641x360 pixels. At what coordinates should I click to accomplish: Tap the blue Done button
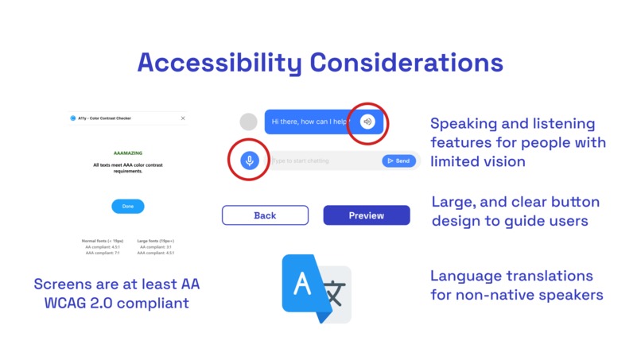point(128,207)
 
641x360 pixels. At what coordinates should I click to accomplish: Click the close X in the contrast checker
point(183,118)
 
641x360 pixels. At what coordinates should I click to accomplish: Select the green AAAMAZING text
point(127,152)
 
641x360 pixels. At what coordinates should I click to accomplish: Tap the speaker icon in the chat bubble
point(367,122)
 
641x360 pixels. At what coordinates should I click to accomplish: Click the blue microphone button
point(250,161)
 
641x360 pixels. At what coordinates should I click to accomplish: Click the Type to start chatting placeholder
point(301,161)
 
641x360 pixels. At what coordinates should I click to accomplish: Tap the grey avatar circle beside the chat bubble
point(249,122)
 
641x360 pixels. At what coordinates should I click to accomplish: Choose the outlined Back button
point(265,215)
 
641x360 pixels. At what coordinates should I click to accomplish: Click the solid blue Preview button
point(367,215)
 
